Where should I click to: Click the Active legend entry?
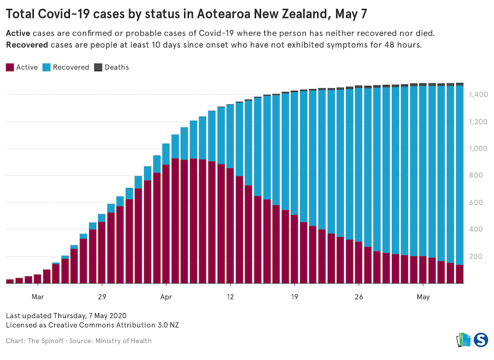tap(22, 67)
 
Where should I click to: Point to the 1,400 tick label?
tap(478, 95)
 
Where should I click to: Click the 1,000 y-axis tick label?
tap(478, 149)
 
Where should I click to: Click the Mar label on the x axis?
tap(38, 297)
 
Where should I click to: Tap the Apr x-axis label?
tap(166, 297)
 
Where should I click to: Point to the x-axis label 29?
tap(102, 297)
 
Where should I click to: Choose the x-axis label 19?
tap(294, 297)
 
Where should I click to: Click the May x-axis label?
tap(423, 297)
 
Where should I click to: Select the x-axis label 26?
tap(359, 297)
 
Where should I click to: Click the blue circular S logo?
tap(481, 340)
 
